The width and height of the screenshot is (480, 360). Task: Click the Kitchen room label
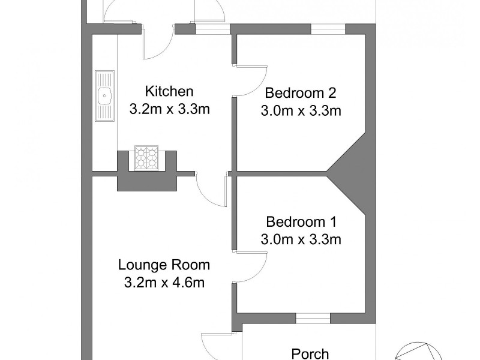169,92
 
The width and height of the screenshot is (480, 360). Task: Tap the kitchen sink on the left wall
104,95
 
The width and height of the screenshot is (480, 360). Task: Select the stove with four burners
147,157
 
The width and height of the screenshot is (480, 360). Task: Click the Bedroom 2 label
301,93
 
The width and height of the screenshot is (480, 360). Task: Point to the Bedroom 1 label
301,221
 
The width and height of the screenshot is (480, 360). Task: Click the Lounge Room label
164,265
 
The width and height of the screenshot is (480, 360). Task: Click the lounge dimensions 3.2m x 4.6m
164,283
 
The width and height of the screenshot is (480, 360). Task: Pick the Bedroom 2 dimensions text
301,111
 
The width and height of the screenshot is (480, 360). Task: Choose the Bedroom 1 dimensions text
301,239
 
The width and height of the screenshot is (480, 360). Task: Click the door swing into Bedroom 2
251,80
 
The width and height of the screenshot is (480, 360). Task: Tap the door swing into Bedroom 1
251,267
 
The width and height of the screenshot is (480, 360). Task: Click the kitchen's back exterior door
158,43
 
